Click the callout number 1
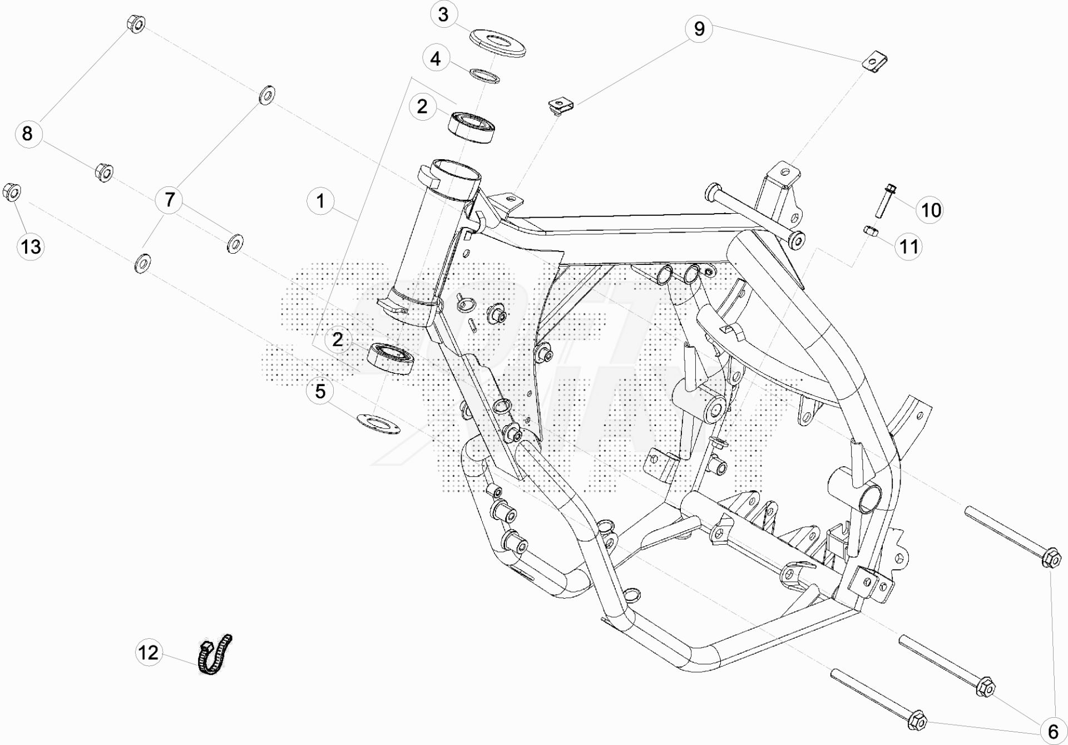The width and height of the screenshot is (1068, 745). pos(320,201)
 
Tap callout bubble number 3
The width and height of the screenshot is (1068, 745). pos(443,14)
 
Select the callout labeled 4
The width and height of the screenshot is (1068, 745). pos(436,58)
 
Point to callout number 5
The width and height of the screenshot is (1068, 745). pos(320,391)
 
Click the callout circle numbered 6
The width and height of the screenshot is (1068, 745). pos(1053,729)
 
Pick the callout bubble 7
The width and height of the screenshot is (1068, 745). pos(170,199)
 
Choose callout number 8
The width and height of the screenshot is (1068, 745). pos(28,134)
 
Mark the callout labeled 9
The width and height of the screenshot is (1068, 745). pos(699,28)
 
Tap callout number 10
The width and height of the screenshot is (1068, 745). pos(931,210)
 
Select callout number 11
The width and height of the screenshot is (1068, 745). pos(909,246)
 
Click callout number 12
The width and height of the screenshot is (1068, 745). pos(149,652)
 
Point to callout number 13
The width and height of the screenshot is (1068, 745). pos(31,246)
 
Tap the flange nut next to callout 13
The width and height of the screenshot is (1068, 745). pos(12,193)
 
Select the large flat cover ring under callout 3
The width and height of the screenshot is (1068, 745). pos(497,44)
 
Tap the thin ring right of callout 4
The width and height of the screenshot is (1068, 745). pos(484,76)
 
